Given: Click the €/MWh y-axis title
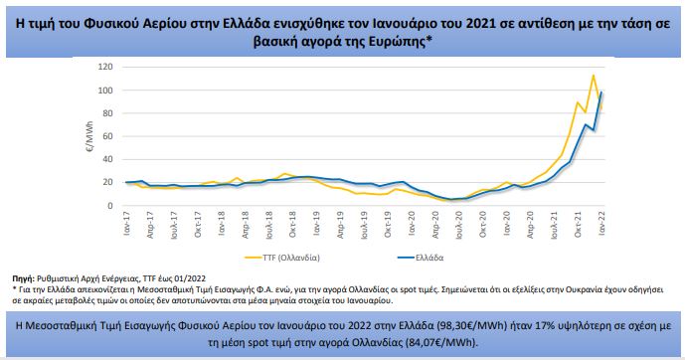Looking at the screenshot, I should pos(86,135).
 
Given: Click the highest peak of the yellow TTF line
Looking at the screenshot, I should pos(594,76).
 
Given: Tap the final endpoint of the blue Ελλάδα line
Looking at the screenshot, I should pos(602,92).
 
